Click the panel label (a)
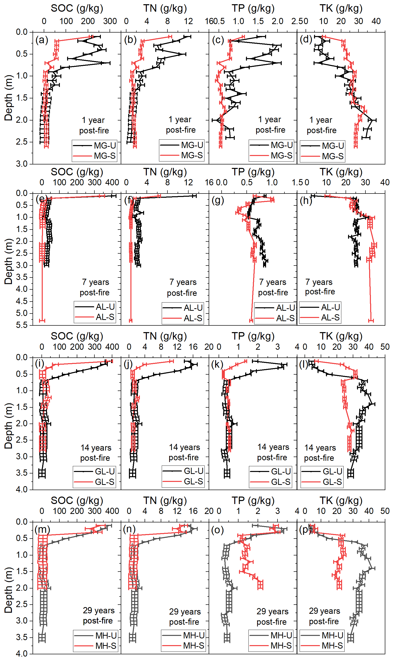coord(42,40)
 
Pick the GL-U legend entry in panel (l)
coord(322,471)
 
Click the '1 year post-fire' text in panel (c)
coord(270,124)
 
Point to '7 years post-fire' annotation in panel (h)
coord(320,287)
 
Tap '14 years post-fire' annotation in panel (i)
coord(96,453)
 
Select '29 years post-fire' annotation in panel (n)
coord(185,616)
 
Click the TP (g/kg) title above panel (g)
coord(253,172)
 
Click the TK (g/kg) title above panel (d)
coord(341,8)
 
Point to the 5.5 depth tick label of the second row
coord(22,325)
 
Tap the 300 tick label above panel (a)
coord(110,21)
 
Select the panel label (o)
coord(217,530)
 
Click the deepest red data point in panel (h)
coord(371,321)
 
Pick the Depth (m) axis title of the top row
coord(8,98)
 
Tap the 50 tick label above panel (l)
coord(385,347)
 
